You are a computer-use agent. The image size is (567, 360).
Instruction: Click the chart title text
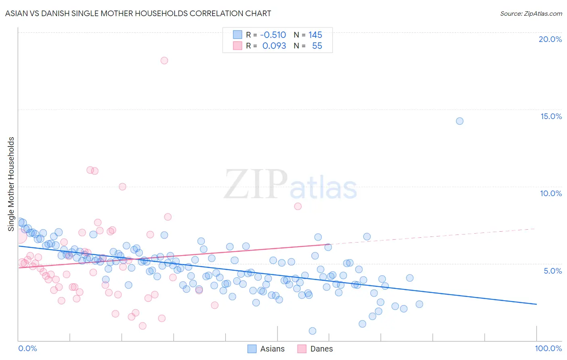tap(138, 13)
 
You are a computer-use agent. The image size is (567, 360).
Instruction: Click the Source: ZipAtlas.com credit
tap(531, 13)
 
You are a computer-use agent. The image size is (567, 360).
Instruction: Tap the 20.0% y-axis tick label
tap(550, 39)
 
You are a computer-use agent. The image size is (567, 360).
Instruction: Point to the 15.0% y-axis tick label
tap(551, 116)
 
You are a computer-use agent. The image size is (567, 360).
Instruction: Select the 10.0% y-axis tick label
tap(551, 193)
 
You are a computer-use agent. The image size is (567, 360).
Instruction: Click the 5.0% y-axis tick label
tap(552, 271)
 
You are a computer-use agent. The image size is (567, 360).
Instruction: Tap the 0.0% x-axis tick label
tap(27, 348)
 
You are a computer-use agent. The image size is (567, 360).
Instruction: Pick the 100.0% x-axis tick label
tap(548, 348)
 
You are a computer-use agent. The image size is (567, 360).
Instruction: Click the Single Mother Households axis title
tap(11, 184)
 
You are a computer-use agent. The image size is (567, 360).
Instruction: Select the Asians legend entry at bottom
tap(266, 349)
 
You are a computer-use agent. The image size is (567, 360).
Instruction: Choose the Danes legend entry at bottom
tap(315, 349)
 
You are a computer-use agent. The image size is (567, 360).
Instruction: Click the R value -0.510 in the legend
tap(273, 35)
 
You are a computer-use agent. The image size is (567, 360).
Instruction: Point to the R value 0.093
tap(274, 46)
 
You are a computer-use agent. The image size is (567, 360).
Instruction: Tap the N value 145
tap(315, 35)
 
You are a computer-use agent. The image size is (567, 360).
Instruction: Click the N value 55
tap(317, 46)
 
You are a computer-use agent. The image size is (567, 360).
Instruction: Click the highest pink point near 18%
tap(164, 61)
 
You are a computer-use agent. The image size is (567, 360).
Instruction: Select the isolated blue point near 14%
tap(459, 121)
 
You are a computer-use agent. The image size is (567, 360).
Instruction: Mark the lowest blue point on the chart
tap(312, 331)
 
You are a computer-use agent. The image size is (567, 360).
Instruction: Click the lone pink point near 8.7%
tap(298, 206)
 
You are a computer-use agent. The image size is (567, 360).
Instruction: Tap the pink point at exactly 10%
tap(123, 186)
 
